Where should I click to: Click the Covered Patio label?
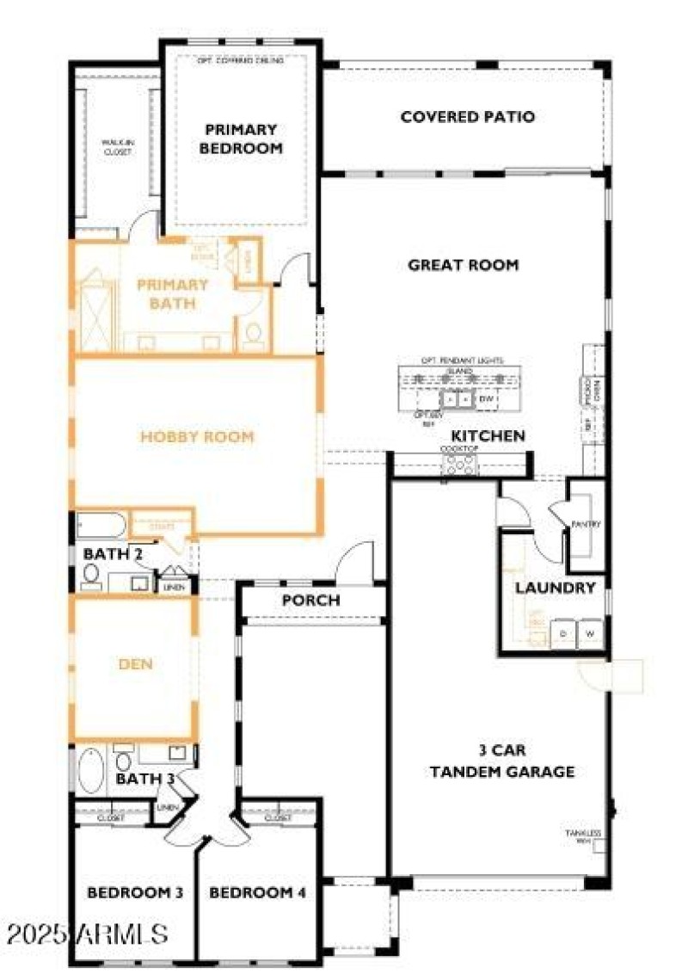click(x=467, y=117)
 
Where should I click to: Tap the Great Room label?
click(x=463, y=265)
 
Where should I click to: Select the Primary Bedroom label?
click(x=241, y=139)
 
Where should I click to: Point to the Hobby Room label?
click(x=198, y=437)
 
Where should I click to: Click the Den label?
click(x=134, y=663)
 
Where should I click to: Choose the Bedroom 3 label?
click(x=135, y=893)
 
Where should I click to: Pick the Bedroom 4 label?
click(x=258, y=893)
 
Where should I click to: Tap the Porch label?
click(x=311, y=601)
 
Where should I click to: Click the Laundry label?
click(x=555, y=589)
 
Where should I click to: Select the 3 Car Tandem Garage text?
click(x=502, y=760)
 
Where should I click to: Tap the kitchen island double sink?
click(x=457, y=399)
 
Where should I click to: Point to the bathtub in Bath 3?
click(x=91, y=767)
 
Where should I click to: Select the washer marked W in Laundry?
click(x=591, y=633)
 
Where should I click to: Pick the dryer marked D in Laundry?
click(x=563, y=633)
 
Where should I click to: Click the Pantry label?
click(x=586, y=524)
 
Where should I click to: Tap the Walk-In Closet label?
click(x=117, y=147)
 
